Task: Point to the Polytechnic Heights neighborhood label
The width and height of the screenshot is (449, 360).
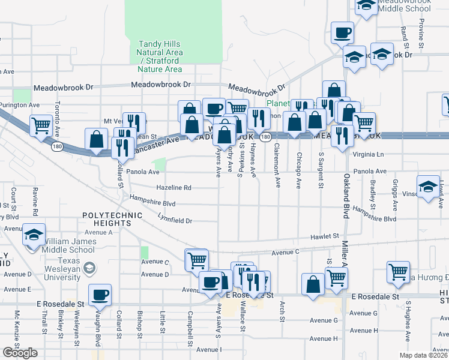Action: [x=107, y=218]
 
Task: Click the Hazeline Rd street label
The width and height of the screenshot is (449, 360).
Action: [x=173, y=188]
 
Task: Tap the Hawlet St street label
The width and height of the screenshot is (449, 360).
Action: [x=325, y=237]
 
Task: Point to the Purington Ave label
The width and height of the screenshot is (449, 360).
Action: [x=20, y=105]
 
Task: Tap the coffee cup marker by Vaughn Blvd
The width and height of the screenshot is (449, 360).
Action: [x=100, y=295]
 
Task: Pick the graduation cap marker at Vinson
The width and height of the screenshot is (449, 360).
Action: [x=429, y=186]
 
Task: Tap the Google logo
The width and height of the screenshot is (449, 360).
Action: [x=20, y=353]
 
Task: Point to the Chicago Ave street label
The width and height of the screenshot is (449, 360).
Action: [x=298, y=171]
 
